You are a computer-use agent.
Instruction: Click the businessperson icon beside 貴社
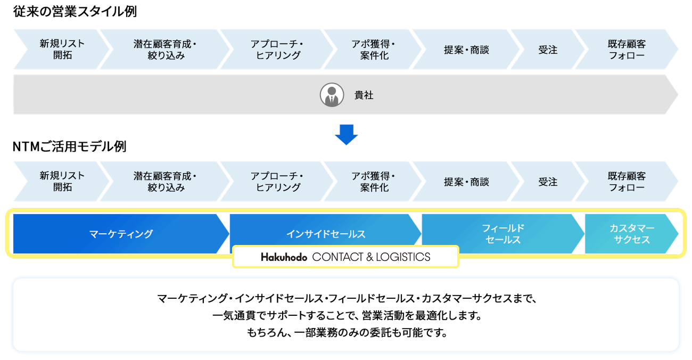pyautogui.click(x=332, y=95)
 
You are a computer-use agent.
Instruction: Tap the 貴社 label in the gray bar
pyautogui.click(x=364, y=96)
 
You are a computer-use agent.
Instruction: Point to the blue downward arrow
pyautogui.click(x=346, y=134)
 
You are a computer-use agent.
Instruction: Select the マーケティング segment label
pyautogui.click(x=121, y=234)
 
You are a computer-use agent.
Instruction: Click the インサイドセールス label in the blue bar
pyautogui.click(x=326, y=234)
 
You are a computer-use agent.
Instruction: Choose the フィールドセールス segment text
pyautogui.click(x=503, y=234)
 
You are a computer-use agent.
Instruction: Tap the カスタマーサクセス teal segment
pyautogui.click(x=632, y=234)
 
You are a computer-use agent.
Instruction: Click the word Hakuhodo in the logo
pyautogui.click(x=284, y=257)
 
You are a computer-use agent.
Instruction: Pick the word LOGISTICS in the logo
pyautogui.click(x=403, y=257)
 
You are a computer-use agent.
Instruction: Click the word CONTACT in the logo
pyautogui.click(x=337, y=257)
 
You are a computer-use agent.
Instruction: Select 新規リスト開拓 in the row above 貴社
pyautogui.click(x=62, y=50)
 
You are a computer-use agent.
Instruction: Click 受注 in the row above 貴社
pyautogui.click(x=548, y=50)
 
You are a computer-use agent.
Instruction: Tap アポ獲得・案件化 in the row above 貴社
pyautogui.click(x=374, y=50)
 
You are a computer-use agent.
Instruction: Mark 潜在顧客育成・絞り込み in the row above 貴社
pyautogui.click(x=166, y=50)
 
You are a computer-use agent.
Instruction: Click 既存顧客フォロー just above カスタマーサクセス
pyautogui.click(x=627, y=182)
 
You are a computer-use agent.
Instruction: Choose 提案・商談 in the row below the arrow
pyautogui.click(x=466, y=182)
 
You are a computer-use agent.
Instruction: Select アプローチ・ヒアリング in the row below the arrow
pyautogui.click(x=277, y=182)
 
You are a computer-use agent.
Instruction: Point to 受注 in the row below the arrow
pyautogui.click(x=548, y=182)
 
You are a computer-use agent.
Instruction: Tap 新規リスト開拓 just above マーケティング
pyautogui.click(x=62, y=182)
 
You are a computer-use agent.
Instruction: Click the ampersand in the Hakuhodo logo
pyautogui.click(x=369, y=257)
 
